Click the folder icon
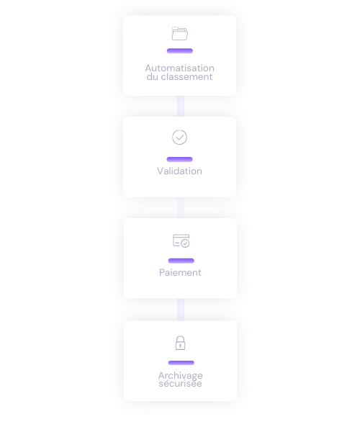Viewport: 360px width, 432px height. point(179,34)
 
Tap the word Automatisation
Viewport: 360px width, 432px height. point(179,68)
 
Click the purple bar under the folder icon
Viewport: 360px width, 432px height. point(180,50)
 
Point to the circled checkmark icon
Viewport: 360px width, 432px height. point(179,138)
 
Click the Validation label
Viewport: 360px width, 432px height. point(179,171)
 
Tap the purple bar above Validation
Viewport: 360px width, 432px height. point(179,159)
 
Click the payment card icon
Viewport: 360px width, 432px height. point(181,240)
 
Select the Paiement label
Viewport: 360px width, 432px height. point(180,272)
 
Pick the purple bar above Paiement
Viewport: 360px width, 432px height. point(181,261)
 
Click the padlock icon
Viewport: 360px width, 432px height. point(181,343)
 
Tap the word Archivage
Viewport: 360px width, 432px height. point(181,375)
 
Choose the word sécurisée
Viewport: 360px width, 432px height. point(181,384)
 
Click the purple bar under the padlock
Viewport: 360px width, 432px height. point(181,363)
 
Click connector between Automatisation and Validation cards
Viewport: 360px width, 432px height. point(181,107)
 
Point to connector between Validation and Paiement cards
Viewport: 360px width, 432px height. point(181,208)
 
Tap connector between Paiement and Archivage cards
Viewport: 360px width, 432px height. point(181,310)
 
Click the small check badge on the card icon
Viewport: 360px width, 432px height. point(185,243)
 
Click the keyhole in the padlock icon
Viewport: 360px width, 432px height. point(181,346)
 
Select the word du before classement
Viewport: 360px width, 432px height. point(153,76)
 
